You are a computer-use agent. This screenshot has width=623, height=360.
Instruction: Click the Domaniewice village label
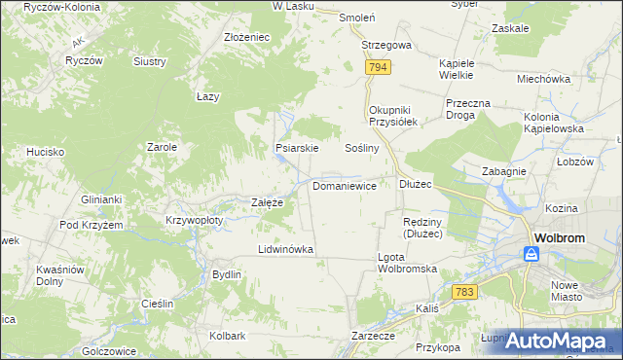(345, 185)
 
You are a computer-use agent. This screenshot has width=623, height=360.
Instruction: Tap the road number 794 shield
(380, 67)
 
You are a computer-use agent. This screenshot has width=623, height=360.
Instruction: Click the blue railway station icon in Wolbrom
(531, 254)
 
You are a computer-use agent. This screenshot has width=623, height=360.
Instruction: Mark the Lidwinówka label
(285, 249)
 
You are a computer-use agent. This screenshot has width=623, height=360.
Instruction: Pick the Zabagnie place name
(504, 170)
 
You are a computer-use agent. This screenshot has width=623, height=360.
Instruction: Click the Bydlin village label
(227, 274)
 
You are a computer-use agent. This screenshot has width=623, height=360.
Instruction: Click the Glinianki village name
(101, 199)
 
